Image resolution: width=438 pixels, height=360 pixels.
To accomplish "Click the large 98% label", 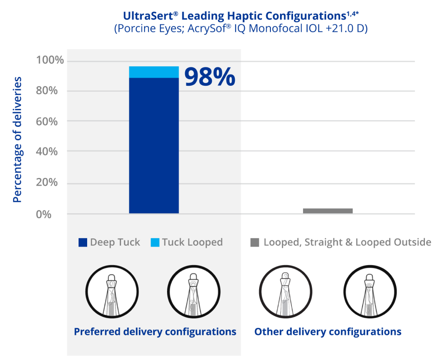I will (x=210, y=76).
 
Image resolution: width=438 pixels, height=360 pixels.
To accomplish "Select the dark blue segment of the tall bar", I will (x=154, y=145).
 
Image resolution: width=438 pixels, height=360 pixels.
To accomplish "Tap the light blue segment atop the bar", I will (x=154, y=72).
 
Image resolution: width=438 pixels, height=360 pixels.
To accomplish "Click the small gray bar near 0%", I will (x=328, y=210).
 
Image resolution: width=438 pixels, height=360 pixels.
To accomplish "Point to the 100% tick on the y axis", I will (x=50, y=60).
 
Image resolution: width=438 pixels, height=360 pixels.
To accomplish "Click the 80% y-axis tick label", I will (x=47, y=91).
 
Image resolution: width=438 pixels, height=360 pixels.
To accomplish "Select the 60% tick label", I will (x=47, y=122).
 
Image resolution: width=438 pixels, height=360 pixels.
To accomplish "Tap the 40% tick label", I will (x=47, y=152).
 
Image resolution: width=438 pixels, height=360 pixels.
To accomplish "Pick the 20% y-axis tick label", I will (x=47, y=182).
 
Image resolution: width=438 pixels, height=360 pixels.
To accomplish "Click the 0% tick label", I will (x=44, y=214).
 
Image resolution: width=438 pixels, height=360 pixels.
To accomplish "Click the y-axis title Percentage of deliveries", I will (x=17, y=140).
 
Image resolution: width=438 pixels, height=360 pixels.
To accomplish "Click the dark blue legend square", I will (x=83, y=243).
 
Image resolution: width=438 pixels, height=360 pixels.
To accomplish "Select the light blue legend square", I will (x=155, y=243).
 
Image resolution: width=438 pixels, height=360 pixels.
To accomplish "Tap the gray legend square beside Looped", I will (x=255, y=243).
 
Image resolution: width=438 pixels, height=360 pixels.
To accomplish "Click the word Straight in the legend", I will (x=323, y=243).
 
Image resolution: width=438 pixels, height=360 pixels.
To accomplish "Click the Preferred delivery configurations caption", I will (x=155, y=332).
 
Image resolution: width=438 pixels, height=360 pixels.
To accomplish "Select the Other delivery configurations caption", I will (x=328, y=332).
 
